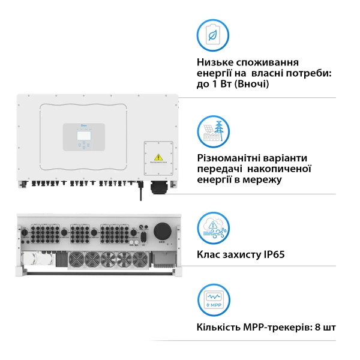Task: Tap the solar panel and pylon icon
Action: pos(213,131)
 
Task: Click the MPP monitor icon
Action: pos(213,299)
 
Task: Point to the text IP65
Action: pos(271,255)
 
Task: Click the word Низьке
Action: pos(215,62)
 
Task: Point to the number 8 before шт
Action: pos(317,328)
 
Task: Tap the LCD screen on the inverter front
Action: pos(83,136)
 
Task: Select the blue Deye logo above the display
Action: pos(84,126)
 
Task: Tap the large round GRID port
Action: pos(161,230)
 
